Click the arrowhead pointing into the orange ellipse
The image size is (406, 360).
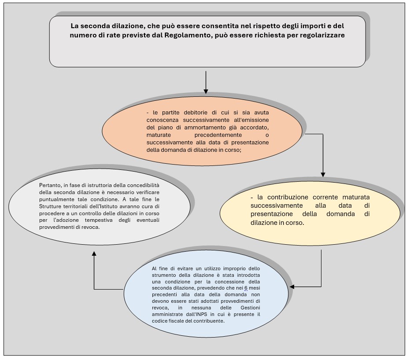206,91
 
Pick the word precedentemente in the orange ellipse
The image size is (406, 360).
218,135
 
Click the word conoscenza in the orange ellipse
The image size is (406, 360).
162,120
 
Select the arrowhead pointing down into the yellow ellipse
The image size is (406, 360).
323,174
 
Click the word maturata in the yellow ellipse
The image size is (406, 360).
356,197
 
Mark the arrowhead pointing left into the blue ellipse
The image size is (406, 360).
292,287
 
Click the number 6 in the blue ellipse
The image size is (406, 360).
246,288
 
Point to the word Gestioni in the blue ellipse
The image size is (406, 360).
250,308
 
